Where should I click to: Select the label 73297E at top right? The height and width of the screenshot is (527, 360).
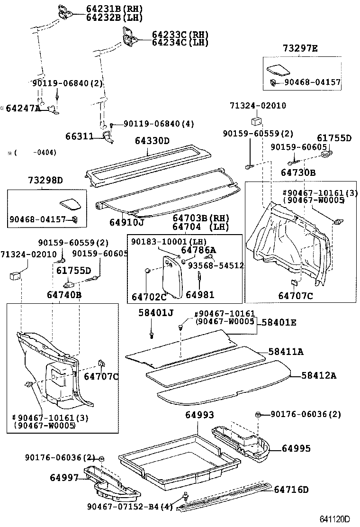[x=301, y=48]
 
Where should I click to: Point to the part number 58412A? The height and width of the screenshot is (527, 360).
[x=319, y=376]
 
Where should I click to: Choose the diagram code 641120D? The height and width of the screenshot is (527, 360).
[x=334, y=519]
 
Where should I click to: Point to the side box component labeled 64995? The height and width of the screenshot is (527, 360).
[x=242, y=440]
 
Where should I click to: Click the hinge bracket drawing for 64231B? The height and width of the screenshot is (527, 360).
[x=65, y=11]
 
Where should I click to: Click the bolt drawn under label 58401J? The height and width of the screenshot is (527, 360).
[x=151, y=335]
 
